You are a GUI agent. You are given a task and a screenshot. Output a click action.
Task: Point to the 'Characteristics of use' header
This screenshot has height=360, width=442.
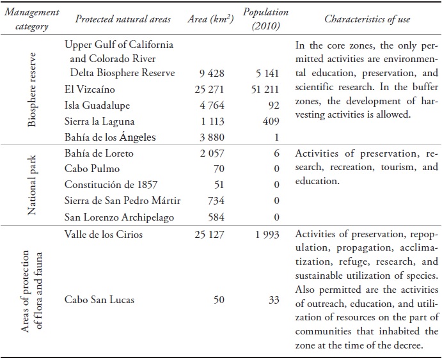[x=367, y=19]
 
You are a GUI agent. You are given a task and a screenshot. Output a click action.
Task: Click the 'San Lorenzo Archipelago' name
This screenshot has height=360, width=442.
[x=120, y=217]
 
